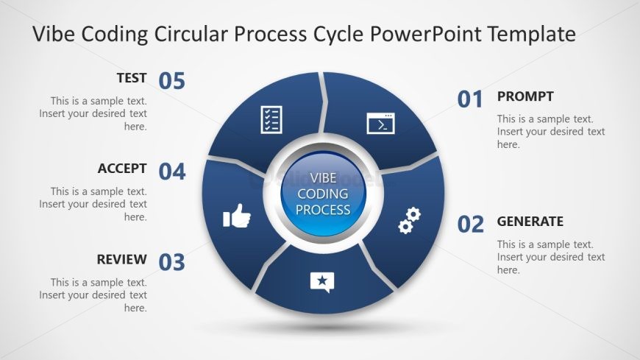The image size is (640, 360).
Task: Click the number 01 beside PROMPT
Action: pos(470,99)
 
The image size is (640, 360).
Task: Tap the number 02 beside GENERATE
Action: pos(470,225)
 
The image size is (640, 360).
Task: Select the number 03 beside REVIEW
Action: pos(171,262)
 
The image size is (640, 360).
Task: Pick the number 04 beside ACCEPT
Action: pos(172,172)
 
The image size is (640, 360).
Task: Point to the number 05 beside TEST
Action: pos(171,81)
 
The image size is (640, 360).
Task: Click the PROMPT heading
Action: pos(525,96)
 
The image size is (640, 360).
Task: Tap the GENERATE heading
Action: pos(530,222)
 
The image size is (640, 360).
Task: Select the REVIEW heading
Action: pos(121,259)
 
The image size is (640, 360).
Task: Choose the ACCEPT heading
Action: pos(122,169)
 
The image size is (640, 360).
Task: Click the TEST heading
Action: pos(132,77)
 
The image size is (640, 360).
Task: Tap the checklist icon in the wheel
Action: pos(271,120)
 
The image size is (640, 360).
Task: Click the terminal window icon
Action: pos(381,124)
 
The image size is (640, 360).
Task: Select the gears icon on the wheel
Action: pos(410,220)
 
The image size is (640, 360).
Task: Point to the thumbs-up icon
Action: pos(237,216)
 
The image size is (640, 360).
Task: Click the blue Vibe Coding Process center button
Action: pos(323,194)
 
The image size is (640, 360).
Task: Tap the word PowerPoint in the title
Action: pos(426,34)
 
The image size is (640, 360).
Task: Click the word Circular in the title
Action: pos(190,33)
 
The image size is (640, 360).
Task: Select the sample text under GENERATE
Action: pos(551,257)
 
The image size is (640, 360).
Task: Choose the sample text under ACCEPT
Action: pos(93,204)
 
